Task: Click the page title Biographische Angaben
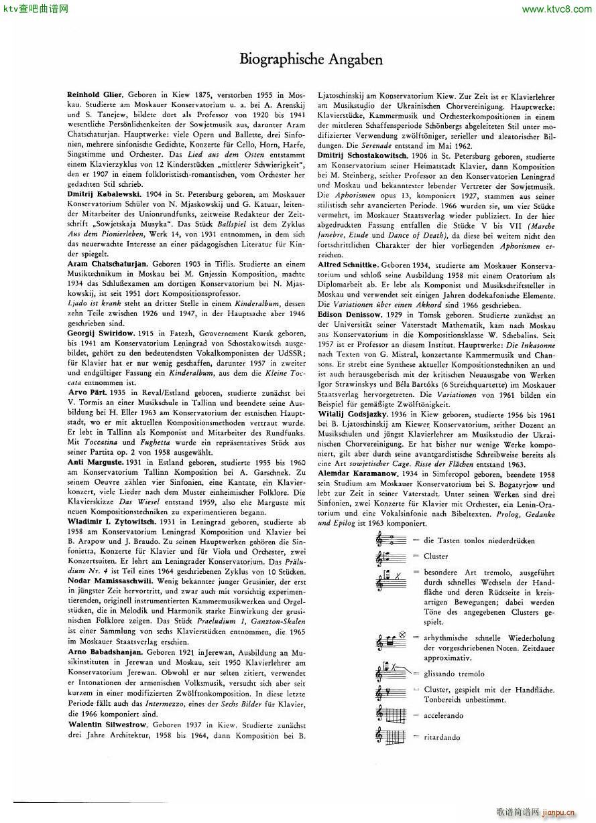[x=311, y=60]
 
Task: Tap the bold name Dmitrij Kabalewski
[x=104, y=194]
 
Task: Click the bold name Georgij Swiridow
[x=101, y=333]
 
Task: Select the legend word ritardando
[x=443, y=737]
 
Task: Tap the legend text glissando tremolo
[x=453, y=674]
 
